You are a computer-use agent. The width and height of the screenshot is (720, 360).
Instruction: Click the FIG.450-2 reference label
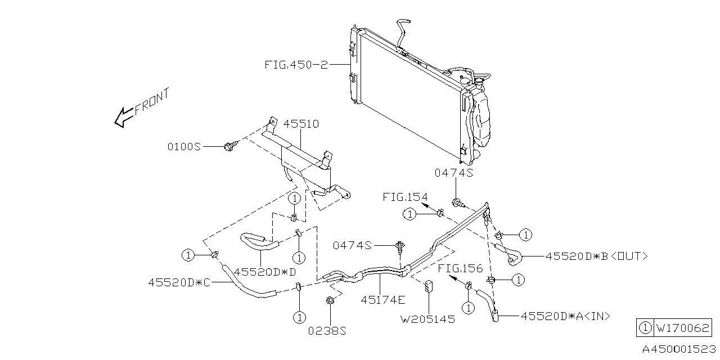click(296, 65)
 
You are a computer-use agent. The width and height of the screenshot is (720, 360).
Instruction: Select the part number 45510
click(300, 124)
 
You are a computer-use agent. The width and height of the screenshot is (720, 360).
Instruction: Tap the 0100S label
click(184, 146)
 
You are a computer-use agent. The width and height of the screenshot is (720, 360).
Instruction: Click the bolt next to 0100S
click(229, 146)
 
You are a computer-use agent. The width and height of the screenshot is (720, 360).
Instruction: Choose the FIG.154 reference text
click(405, 197)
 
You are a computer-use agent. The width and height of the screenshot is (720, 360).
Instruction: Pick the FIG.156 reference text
click(461, 269)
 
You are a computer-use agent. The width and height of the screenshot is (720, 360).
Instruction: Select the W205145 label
click(427, 319)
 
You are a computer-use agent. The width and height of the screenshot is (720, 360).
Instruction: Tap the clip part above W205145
click(429, 286)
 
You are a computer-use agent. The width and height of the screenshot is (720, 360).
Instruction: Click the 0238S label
click(327, 331)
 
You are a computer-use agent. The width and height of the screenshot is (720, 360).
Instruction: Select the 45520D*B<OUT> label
click(596, 256)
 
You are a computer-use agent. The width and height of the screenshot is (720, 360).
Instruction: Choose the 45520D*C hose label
click(179, 282)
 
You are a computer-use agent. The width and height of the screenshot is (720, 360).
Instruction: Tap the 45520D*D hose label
click(265, 272)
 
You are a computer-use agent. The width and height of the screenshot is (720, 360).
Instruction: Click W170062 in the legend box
click(682, 327)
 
